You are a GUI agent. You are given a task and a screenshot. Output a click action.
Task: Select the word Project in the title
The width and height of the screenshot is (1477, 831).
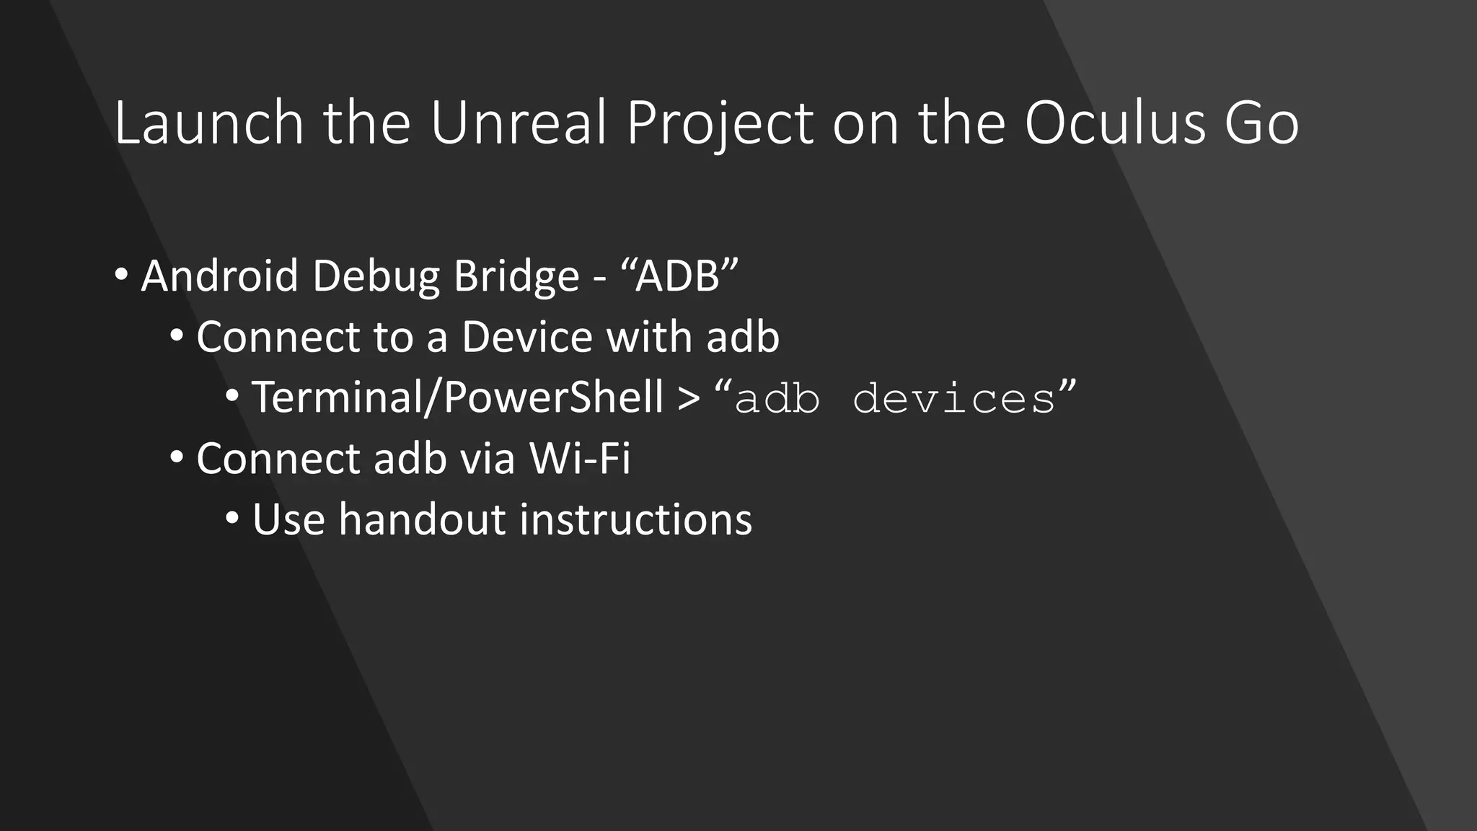[x=720, y=124]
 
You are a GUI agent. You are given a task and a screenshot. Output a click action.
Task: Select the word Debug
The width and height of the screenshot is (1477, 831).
[x=375, y=277]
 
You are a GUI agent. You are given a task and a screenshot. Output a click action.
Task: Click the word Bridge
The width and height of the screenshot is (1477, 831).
[x=516, y=277]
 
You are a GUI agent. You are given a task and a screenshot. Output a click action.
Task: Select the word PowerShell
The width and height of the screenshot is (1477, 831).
[x=553, y=398]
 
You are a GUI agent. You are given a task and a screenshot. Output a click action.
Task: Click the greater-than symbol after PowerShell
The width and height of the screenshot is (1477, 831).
[x=689, y=399]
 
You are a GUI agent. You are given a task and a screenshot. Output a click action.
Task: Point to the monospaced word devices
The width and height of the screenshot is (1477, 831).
[x=954, y=398]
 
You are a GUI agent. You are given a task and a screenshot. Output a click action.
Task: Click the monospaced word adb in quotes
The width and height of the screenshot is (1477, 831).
[x=777, y=398]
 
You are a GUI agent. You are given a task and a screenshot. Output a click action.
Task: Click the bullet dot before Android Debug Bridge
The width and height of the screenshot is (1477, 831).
[x=121, y=275]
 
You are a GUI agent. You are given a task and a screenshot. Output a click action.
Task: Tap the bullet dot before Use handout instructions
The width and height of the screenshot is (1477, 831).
[x=232, y=518]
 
